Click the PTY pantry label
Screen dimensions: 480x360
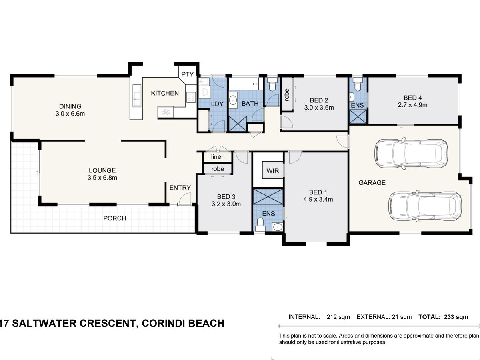(x=188, y=74)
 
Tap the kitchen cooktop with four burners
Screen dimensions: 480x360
(x=191, y=97)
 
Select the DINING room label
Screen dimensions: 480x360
(x=70, y=106)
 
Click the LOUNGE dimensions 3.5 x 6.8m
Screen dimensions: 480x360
(x=102, y=178)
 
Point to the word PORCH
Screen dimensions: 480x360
(x=114, y=218)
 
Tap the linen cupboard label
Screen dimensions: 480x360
(x=218, y=157)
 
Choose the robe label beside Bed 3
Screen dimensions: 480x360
(x=218, y=169)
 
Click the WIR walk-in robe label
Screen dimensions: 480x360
(x=273, y=171)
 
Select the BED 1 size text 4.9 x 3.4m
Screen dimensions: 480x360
(x=318, y=199)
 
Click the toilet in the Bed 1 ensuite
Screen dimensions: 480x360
(x=260, y=225)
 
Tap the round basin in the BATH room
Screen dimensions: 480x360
(x=233, y=100)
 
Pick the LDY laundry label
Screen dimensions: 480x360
(x=217, y=104)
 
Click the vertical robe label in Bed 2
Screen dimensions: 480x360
(x=287, y=95)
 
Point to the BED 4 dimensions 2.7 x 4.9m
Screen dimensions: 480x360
(x=413, y=105)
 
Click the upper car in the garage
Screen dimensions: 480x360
(x=411, y=154)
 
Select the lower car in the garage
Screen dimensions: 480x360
(x=425, y=206)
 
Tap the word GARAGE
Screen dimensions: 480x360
(x=372, y=183)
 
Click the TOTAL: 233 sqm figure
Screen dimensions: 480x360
(x=443, y=317)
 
